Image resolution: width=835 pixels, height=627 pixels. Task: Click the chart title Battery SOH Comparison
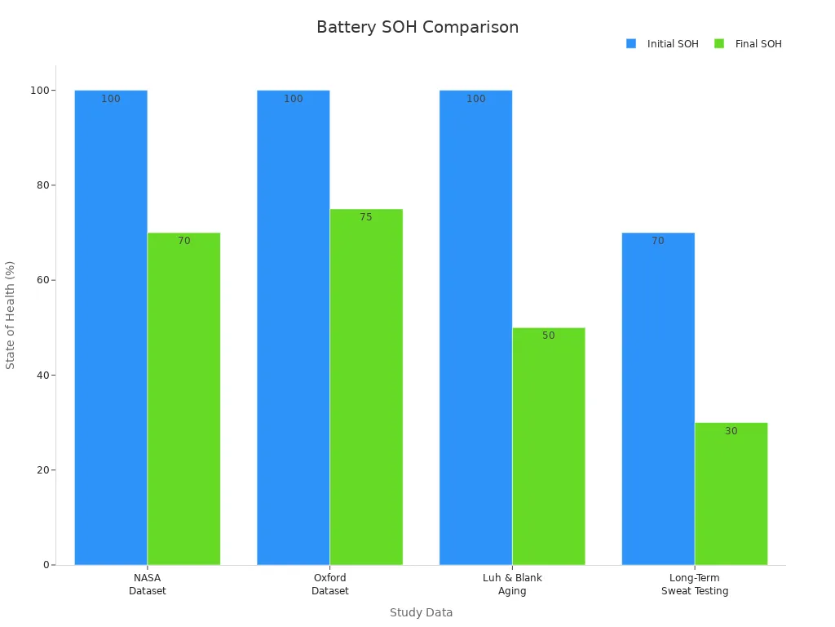417,28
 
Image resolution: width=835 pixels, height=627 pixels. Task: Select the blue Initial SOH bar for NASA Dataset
111,327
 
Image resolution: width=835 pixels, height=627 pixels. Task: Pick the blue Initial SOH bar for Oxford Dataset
294,327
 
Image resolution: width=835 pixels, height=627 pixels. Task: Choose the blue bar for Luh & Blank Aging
475,327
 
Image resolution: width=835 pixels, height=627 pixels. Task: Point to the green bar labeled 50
548,446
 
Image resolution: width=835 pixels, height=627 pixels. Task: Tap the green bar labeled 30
731,493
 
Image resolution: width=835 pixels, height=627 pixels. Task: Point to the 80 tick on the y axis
42,185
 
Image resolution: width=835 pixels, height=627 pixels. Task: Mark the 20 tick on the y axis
42,470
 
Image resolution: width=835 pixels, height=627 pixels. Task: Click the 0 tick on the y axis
46,565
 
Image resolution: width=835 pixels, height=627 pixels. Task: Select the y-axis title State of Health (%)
11,314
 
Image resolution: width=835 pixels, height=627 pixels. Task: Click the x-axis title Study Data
421,612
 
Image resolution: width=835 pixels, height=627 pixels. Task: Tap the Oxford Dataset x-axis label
329,585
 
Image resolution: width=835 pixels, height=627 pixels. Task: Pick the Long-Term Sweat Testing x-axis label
695,585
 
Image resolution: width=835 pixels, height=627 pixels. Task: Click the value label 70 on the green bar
184,241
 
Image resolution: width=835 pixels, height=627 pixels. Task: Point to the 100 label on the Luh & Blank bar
475,99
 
